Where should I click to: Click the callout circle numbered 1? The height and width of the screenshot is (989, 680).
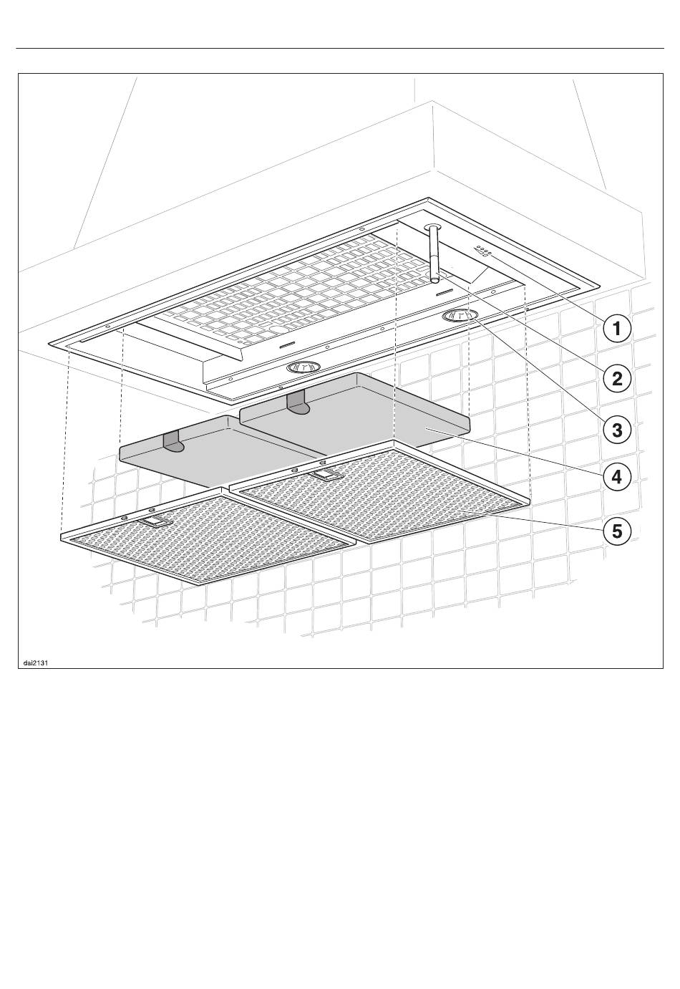click(x=617, y=329)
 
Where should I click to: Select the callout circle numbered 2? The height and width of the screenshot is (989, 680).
click(x=617, y=377)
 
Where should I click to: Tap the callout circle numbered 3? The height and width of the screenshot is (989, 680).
click(x=617, y=430)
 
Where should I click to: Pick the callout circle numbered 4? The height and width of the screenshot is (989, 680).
click(x=617, y=476)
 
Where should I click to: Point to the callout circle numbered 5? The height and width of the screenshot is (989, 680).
click(x=617, y=531)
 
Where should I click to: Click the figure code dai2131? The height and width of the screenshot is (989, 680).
click(x=35, y=662)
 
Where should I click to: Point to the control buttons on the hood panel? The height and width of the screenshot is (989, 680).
click(x=484, y=251)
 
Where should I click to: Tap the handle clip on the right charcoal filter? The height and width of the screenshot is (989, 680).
click(x=296, y=402)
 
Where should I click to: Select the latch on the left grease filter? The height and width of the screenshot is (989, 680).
click(x=159, y=522)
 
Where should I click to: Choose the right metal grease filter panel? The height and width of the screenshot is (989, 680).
click(x=379, y=494)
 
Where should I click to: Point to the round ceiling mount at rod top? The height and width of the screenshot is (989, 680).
click(x=432, y=228)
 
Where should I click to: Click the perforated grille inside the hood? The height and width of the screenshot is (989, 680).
click(x=286, y=294)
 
